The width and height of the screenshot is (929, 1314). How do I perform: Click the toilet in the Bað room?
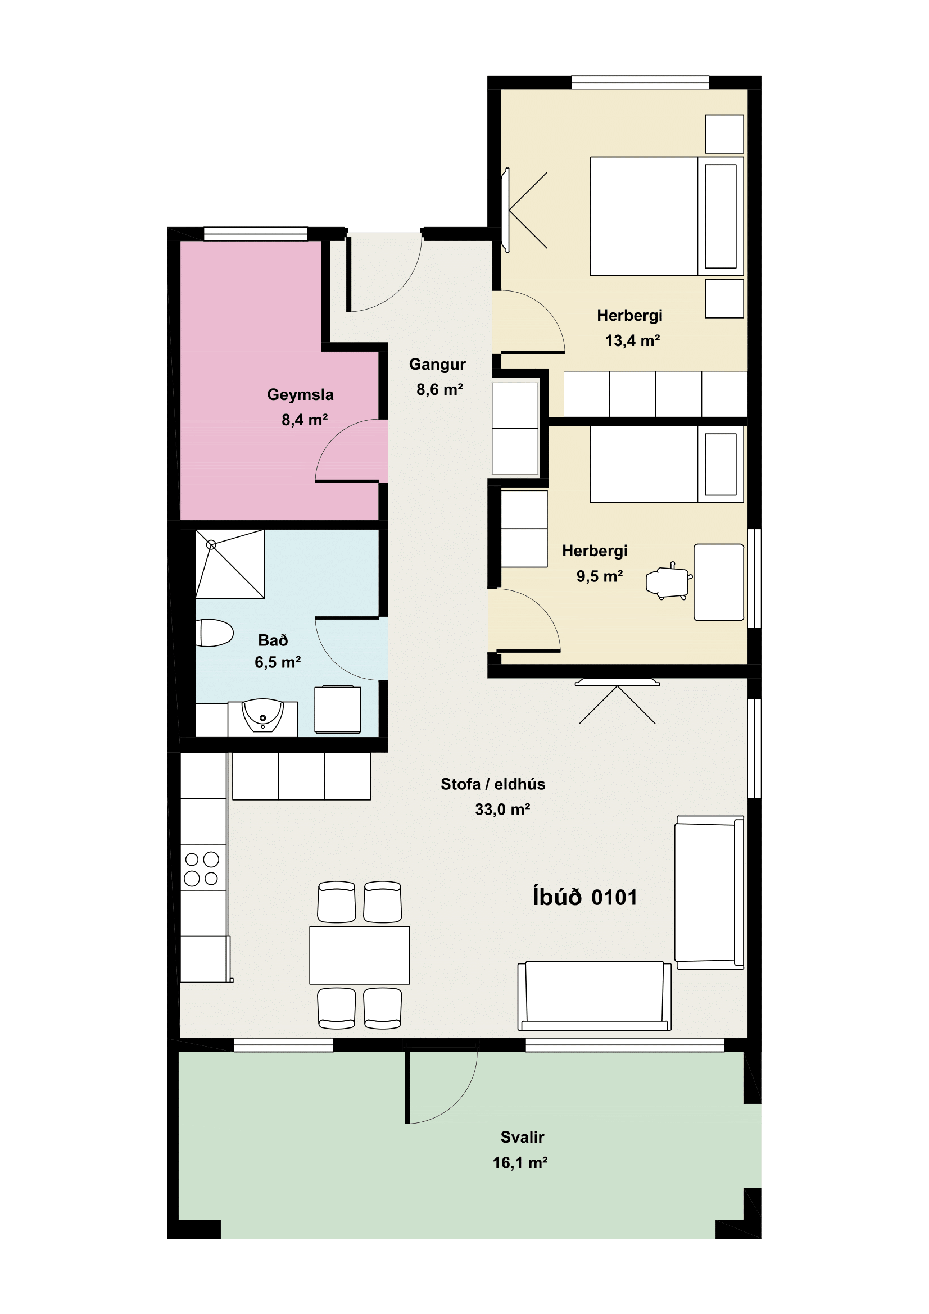point(214,633)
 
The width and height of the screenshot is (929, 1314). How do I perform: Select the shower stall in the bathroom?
point(230,563)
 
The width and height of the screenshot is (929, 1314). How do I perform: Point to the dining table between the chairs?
point(360,955)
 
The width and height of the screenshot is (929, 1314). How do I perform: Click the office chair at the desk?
point(669,581)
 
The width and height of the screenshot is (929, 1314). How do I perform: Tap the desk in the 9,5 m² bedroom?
point(719,582)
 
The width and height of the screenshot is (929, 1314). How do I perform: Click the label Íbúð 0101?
point(585,897)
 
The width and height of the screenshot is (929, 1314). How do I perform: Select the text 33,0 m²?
point(502,809)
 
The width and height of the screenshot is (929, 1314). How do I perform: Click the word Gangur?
point(437,365)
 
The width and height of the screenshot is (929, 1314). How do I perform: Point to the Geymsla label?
point(301,395)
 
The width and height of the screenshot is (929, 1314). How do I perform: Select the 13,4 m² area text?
point(632,341)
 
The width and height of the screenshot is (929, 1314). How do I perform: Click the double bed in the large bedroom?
point(667,216)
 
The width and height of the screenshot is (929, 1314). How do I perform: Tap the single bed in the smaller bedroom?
point(667,465)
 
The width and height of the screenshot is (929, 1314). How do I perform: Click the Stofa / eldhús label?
point(493,784)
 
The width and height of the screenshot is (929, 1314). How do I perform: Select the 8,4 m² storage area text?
point(305,420)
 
